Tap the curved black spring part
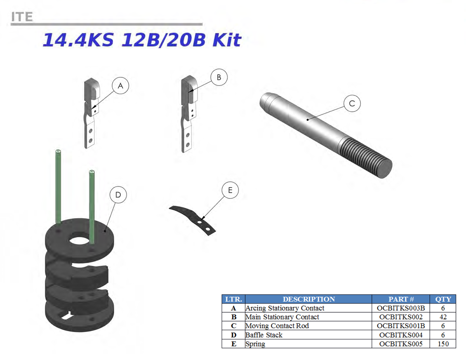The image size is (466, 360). click(x=193, y=220)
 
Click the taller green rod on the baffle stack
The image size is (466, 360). click(x=58, y=186)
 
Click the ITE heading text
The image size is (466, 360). click(x=22, y=17)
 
